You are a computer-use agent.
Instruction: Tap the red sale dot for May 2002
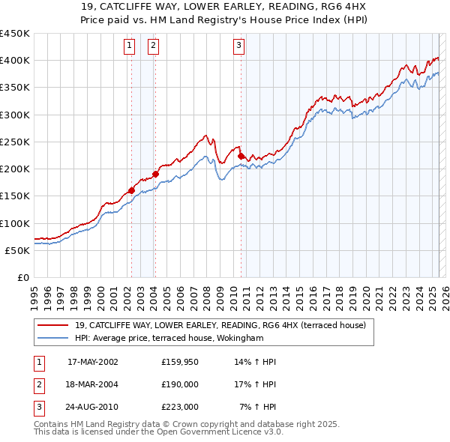pyautogui.click(x=131, y=190)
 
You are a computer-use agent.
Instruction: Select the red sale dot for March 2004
pyautogui.click(x=155, y=174)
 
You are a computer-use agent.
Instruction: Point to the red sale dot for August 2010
pyautogui.click(x=241, y=156)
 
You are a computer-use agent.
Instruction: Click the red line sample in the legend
pyautogui.click(x=52, y=325)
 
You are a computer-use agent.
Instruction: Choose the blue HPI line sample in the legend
pyautogui.click(x=52, y=338)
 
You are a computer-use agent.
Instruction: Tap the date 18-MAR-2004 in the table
pyautogui.click(x=93, y=384)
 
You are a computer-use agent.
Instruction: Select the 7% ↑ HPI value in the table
pyautogui.click(x=258, y=407)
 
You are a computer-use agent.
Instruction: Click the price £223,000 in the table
pyautogui.click(x=179, y=407)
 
